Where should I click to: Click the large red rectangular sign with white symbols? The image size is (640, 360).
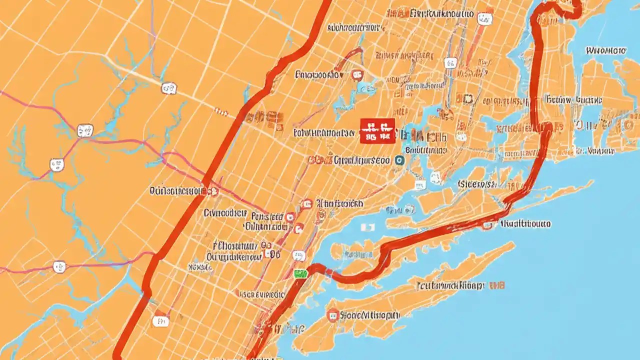click(x=377, y=131)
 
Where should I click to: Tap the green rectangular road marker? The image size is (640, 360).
click(x=300, y=273)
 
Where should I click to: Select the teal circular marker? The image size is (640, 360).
click(x=399, y=160)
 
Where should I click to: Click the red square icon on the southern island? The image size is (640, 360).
click(x=332, y=315)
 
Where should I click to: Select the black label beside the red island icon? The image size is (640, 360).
click(x=370, y=315)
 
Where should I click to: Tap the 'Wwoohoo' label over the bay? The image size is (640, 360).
click(x=605, y=50)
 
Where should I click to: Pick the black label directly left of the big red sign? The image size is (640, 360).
click(x=325, y=133)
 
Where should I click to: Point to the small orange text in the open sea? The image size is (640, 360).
click(x=497, y=285)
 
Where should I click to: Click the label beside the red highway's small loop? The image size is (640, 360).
click(x=525, y=224)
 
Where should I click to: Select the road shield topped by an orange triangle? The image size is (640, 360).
click(x=483, y=19)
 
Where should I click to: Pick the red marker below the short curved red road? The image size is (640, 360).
click(x=357, y=75)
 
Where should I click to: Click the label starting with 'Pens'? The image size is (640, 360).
click(x=267, y=216)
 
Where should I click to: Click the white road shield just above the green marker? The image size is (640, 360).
click(x=299, y=256)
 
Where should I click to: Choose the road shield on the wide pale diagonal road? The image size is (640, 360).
click(x=169, y=88)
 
